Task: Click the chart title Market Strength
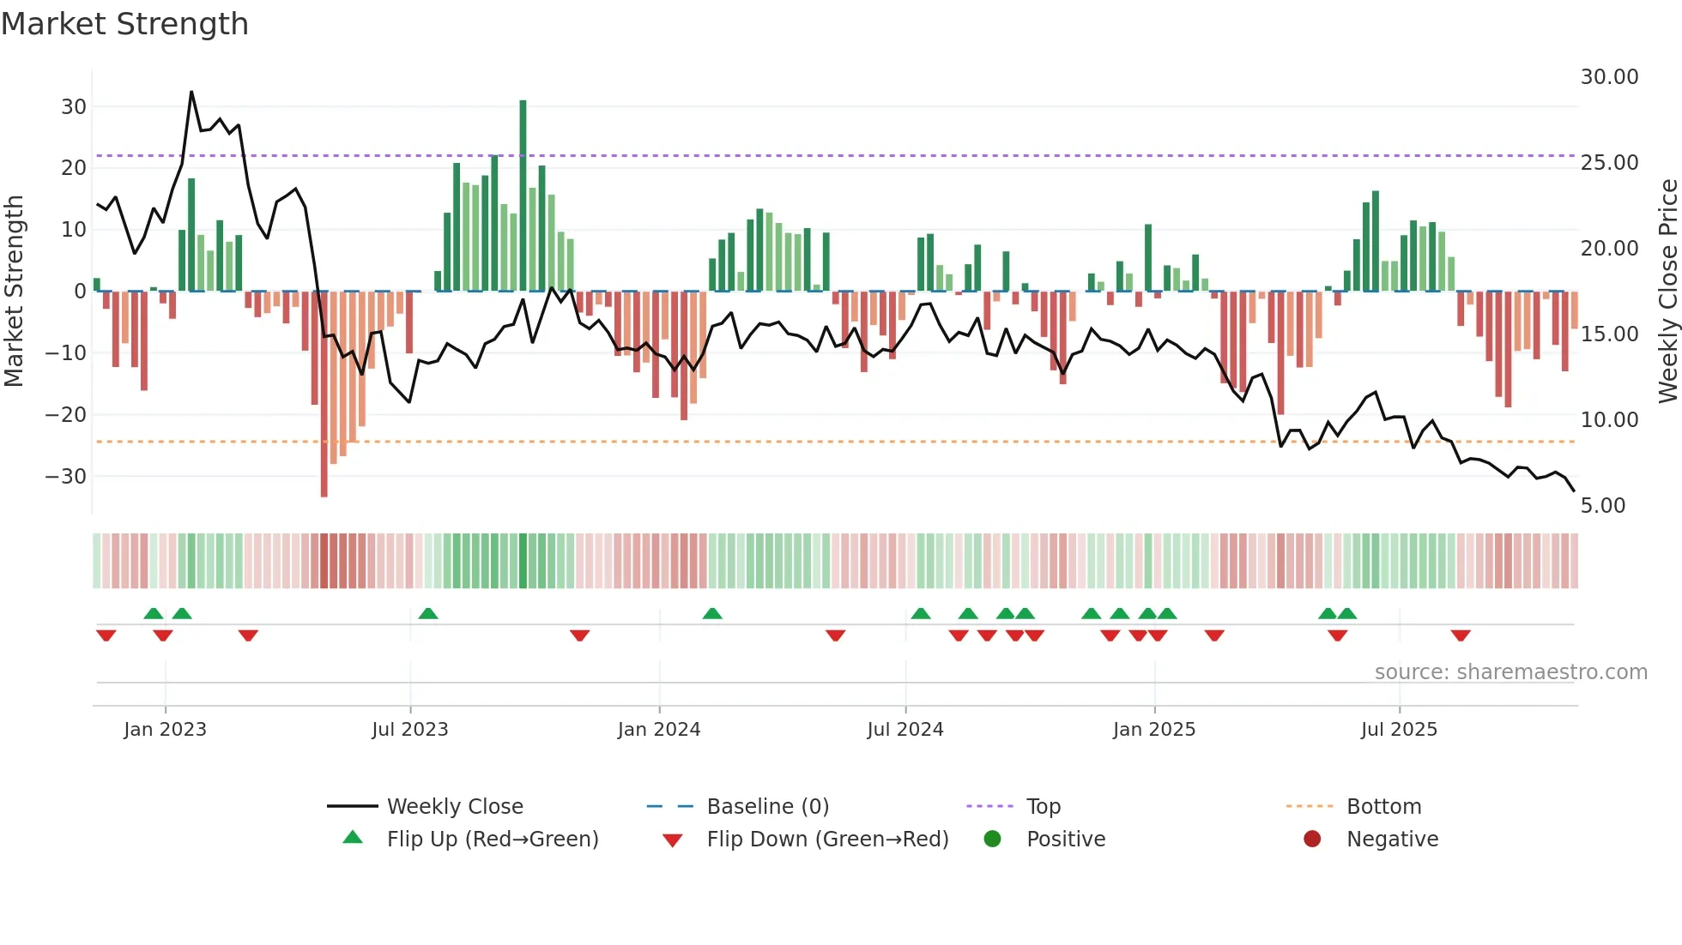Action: point(125,24)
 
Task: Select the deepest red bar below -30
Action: point(324,394)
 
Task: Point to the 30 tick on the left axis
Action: point(74,107)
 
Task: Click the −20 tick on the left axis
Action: point(66,415)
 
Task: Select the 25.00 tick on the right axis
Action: point(1609,163)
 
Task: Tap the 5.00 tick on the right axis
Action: point(1602,506)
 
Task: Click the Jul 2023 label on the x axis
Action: point(410,730)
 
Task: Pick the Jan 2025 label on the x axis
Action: point(1153,730)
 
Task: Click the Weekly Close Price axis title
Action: point(1667,292)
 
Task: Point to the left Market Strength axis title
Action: point(14,292)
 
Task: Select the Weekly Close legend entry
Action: point(454,807)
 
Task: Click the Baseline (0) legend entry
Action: point(767,807)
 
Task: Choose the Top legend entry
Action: point(1043,807)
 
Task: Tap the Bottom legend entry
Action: point(1383,807)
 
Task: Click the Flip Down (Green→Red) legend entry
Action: point(826,840)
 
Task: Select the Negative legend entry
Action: point(1391,840)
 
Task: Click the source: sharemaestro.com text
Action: point(1510,672)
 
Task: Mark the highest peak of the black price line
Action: point(191,92)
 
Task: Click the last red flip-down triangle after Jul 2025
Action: point(1461,635)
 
